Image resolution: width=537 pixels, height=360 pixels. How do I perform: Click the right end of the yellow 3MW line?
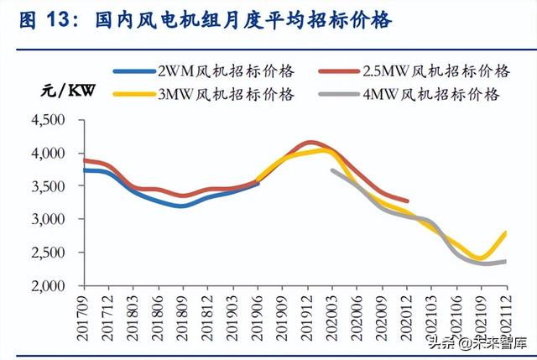click(x=506, y=232)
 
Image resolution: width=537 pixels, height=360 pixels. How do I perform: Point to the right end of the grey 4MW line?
click(x=505, y=261)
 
